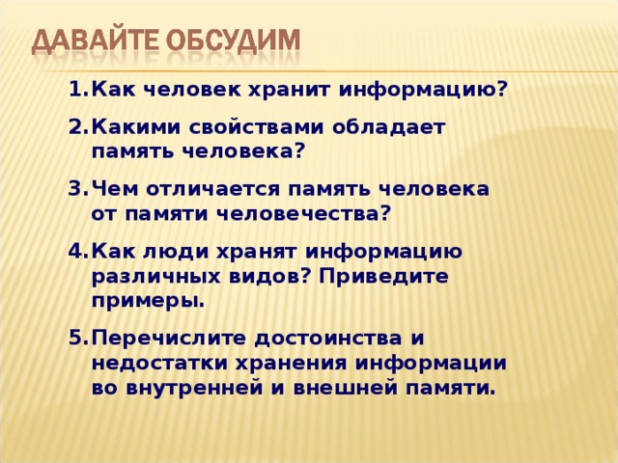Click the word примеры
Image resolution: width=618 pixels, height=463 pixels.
149,300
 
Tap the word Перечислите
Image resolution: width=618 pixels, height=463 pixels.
170,340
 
